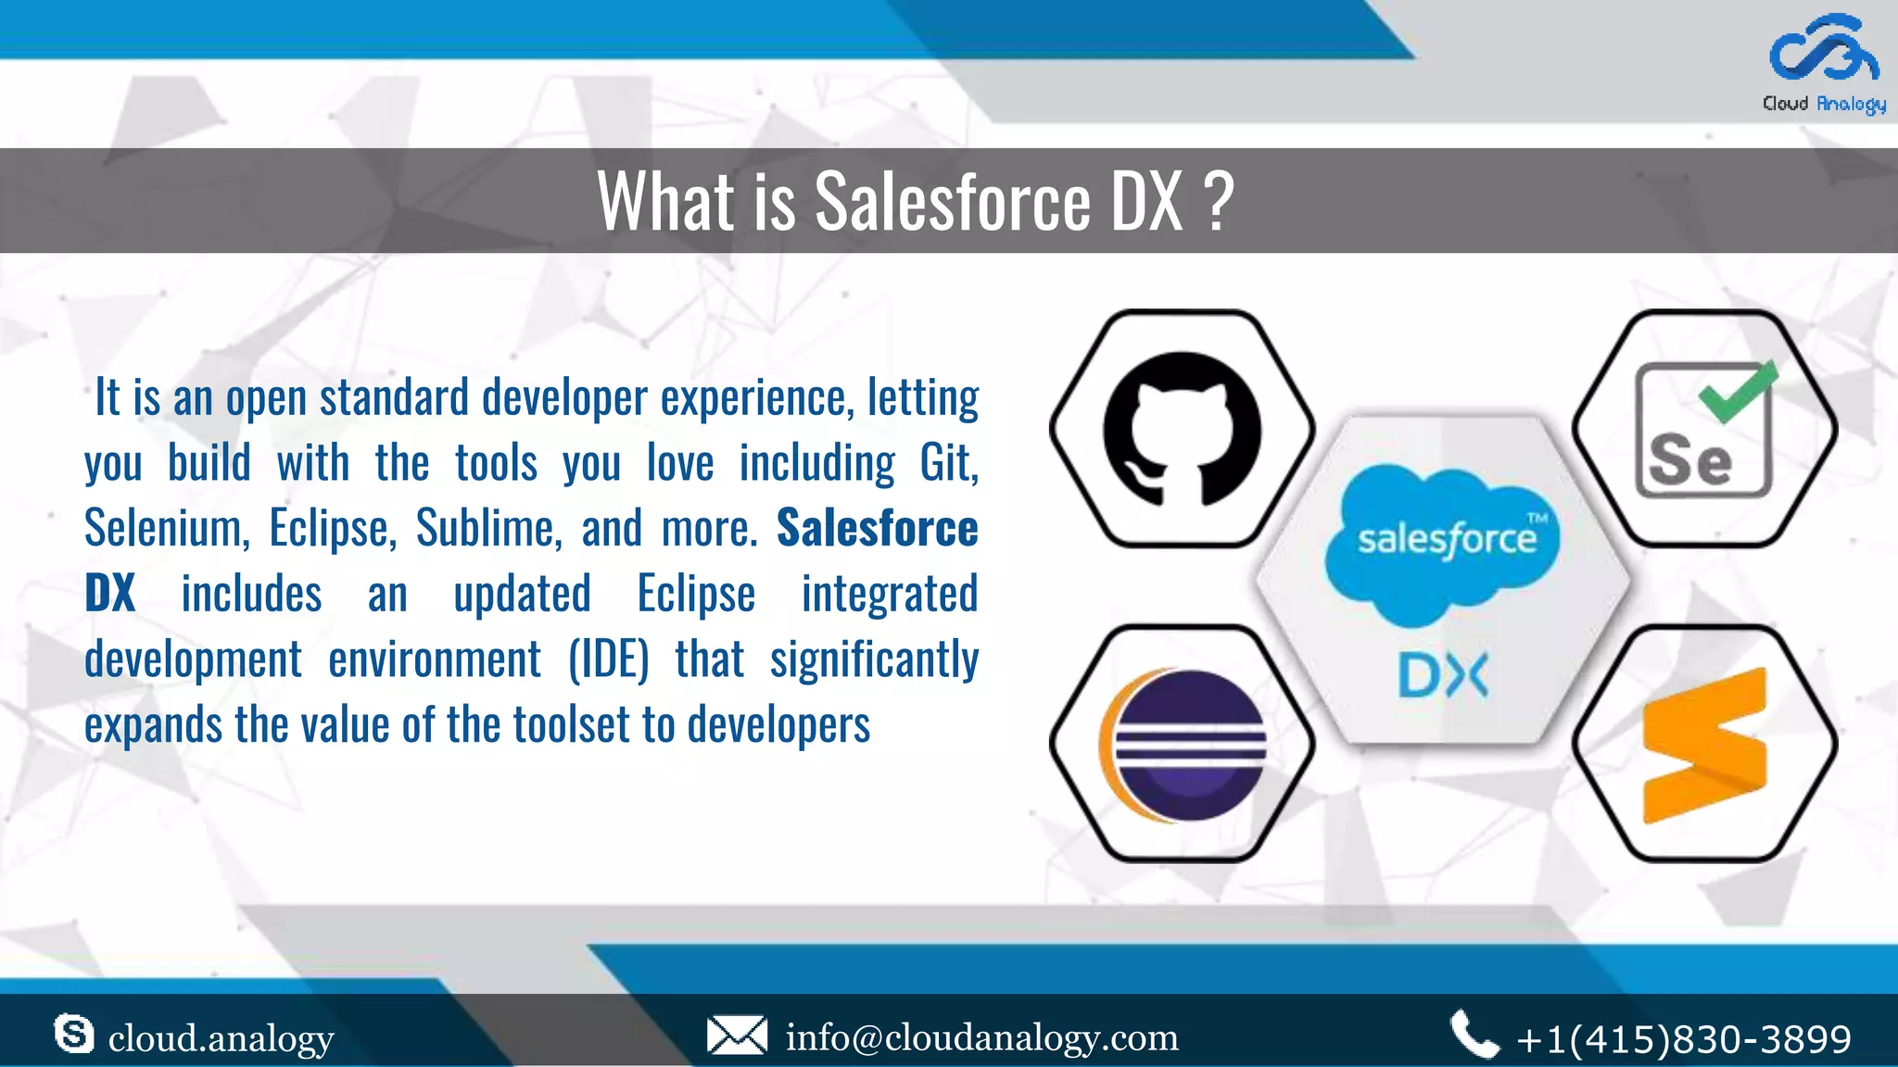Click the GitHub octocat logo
(x=1182, y=429)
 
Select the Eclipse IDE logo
(x=1183, y=745)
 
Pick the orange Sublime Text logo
(x=1703, y=746)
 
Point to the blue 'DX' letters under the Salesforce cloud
(x=1442, y=676)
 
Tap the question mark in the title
(x=1221, y=201)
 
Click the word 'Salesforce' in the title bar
(x=953, y=201)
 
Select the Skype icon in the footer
(x=74, y=1034)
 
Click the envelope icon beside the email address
(x=737, y=1036)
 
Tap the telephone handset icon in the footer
(x=1474, y=1035)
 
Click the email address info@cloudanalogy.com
(x=981, y=1037)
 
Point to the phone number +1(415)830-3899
(x=1683, y=1039)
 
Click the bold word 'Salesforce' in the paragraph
(x=877, y=528)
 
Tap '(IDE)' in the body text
(x=608, y=659)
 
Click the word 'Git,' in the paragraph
(x=948, y=463)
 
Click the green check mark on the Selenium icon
(x=1739, y=392)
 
